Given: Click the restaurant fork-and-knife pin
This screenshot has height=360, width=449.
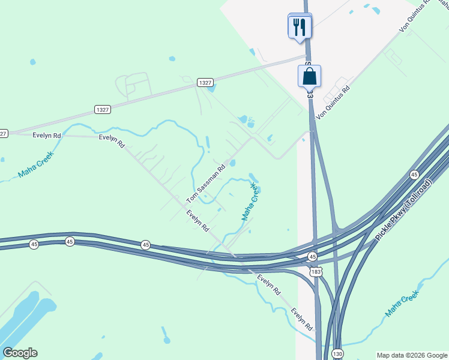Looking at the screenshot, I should (299, 26).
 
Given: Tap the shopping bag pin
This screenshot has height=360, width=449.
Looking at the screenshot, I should (309, 76).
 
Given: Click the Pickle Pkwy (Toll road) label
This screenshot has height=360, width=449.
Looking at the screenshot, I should (404, 211).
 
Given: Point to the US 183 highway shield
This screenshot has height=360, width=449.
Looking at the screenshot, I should (316, 272).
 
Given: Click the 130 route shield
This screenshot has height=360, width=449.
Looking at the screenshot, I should (338, 354).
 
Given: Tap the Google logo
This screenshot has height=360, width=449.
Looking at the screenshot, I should (20, 353).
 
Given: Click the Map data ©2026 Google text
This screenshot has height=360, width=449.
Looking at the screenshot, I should (412, 355).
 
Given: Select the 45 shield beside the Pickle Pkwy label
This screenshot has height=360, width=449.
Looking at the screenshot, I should (414, 174).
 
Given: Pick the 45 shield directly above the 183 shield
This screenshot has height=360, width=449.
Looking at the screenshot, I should (312, 257).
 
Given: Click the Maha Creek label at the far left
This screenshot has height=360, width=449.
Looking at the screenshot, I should (35, 164).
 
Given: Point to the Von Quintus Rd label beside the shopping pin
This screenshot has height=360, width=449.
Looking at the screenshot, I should (333, 102).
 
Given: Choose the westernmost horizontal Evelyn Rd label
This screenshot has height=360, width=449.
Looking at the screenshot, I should (47, 136).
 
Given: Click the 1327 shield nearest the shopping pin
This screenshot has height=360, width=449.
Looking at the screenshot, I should (205, 83).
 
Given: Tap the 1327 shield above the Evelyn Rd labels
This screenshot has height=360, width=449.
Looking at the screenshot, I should (103, 109).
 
